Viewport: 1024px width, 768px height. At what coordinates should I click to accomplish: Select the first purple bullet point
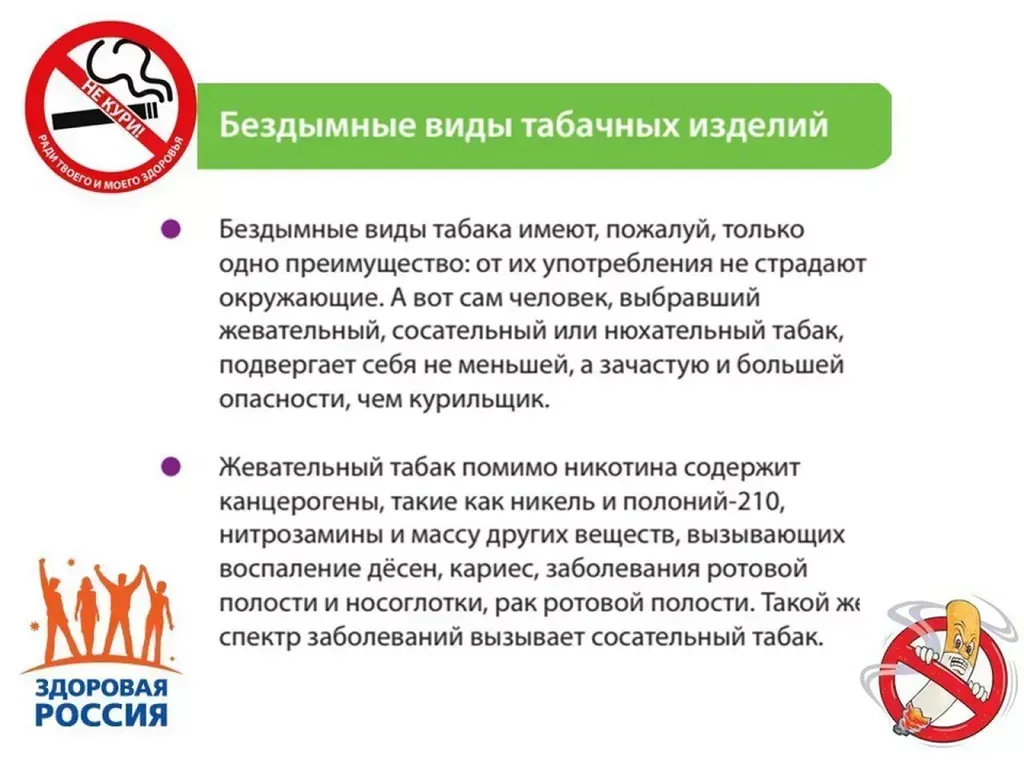(170, 229)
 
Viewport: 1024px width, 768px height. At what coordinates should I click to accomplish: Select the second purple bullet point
(170, 467)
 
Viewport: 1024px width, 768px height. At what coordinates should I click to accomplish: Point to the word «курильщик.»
(480, 399)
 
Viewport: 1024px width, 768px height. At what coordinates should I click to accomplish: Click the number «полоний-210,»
(703, 502)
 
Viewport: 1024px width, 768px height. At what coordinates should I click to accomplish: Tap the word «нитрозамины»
(302, 535)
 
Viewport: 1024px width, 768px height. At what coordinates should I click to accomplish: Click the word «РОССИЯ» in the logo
(101, 715)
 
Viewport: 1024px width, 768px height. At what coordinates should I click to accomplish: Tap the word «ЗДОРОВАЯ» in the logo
(101, 688)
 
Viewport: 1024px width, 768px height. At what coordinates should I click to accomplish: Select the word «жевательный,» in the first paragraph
(302, 332)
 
